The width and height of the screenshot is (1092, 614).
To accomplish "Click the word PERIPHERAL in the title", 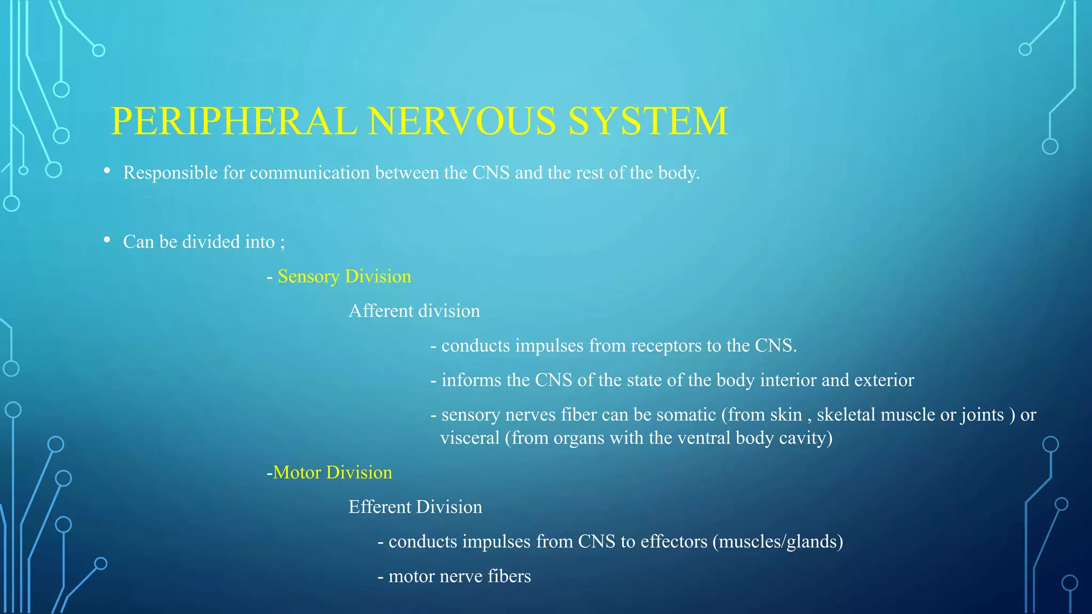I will coord(234,122).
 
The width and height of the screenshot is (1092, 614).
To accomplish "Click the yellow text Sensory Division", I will coord(344,277).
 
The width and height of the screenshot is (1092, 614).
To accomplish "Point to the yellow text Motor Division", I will coord(332,473).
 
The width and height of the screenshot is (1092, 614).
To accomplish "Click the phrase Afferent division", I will coord(414,311).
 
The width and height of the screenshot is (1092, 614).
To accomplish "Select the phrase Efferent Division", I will coord(415,507).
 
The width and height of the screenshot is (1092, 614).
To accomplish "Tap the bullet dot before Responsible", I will coord(107,171).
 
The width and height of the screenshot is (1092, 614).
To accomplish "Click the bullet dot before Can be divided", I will coord(107,240).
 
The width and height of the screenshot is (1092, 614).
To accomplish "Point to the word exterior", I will coord(884,381).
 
